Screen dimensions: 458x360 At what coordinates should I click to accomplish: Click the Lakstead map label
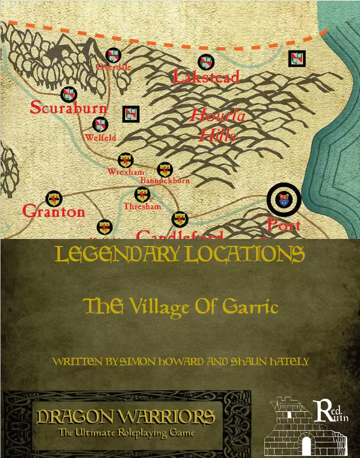click(x=206, y=77)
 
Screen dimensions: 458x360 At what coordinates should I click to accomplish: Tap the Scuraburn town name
click(x=68, y=108)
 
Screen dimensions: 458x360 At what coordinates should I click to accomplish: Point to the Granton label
click(x=54, y=212)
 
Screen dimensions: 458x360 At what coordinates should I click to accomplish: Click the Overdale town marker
click(x=113, y=55)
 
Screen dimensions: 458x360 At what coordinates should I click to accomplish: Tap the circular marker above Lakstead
click(x=206, y=62)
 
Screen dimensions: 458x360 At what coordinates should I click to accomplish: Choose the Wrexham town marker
click(x=125, y=160)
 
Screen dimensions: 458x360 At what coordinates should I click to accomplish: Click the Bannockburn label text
click(x=165, y=181)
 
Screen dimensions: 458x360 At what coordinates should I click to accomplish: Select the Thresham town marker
click(x=142, y=196)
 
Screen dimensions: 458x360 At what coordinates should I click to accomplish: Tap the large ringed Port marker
click(x=284, y=200)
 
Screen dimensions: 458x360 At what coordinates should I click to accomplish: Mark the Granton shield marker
click(x=53, y=199)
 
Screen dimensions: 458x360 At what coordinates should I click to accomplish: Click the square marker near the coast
click(x=297, y=59)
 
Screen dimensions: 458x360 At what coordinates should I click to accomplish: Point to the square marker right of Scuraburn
click(x=131, y=113)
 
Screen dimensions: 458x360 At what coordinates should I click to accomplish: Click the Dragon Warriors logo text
click(x=126, y=416)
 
